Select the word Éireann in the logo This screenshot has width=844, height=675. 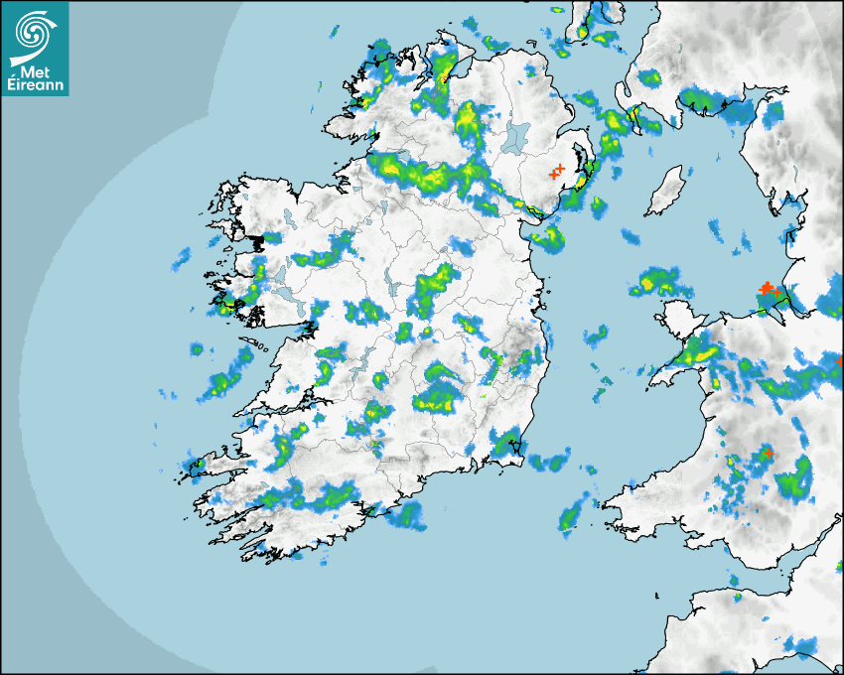(35, 85)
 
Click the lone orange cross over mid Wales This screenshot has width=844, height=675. (768, 454)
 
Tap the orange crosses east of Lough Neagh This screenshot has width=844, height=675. (557, 172)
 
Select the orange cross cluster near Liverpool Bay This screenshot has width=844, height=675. (768, 289)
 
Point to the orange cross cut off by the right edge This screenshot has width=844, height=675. (840, 360)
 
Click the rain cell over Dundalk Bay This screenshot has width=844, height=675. (547, 238)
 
